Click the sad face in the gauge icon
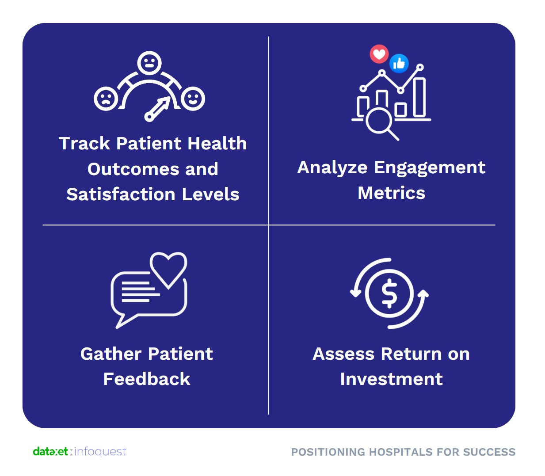point(106,98)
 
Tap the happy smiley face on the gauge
point(193,98)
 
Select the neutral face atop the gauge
point(149,63)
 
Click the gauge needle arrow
point(157,109)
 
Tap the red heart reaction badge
point(379,54)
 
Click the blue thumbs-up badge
point(399,64)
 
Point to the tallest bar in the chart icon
point(419,98)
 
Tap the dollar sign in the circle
point(389,293)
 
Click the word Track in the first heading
point(84,143)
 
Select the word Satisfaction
point(121,194)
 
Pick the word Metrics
point(391,193)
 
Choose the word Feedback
point(147,379)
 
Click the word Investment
point(391,379)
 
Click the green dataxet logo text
point(50,452)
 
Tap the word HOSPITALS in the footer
point(401,452)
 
